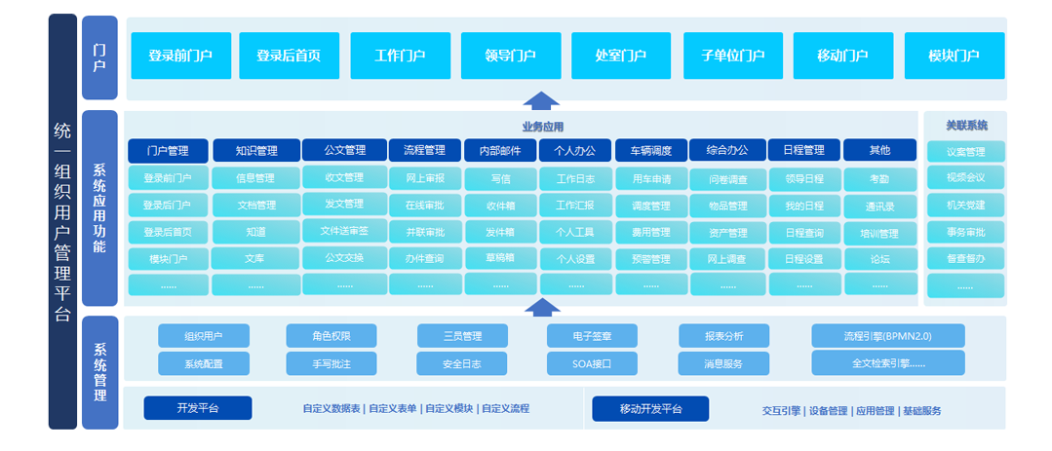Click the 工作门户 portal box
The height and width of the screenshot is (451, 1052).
(400, 56)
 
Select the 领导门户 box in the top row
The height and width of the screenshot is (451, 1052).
(511, 56)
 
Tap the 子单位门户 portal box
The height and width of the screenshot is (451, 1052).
(732, 56)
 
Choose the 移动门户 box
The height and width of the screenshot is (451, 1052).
(843, 56)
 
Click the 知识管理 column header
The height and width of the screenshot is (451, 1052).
(256, 151)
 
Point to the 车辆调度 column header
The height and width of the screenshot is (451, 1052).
(651, 151)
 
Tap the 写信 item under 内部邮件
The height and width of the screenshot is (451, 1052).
(501, 179)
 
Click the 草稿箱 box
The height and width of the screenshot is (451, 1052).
(501, 258)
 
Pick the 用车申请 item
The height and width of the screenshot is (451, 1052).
(651, 179)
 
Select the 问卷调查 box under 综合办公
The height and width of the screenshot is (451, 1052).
(727, 180)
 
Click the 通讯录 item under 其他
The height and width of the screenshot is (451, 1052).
(880, 207)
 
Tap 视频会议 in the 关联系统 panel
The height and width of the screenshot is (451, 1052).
(965, 178)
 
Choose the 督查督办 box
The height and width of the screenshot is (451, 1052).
(965, 259)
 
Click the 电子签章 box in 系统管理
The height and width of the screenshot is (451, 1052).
(593, 336)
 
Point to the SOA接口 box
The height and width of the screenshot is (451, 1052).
(593, 363)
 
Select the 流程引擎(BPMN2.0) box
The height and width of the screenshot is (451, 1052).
(887, 336)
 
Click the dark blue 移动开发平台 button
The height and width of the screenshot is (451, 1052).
(650, 409)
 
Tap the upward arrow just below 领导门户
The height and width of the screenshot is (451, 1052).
(541, 100)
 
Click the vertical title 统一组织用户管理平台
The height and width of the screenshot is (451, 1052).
(62, 222)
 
